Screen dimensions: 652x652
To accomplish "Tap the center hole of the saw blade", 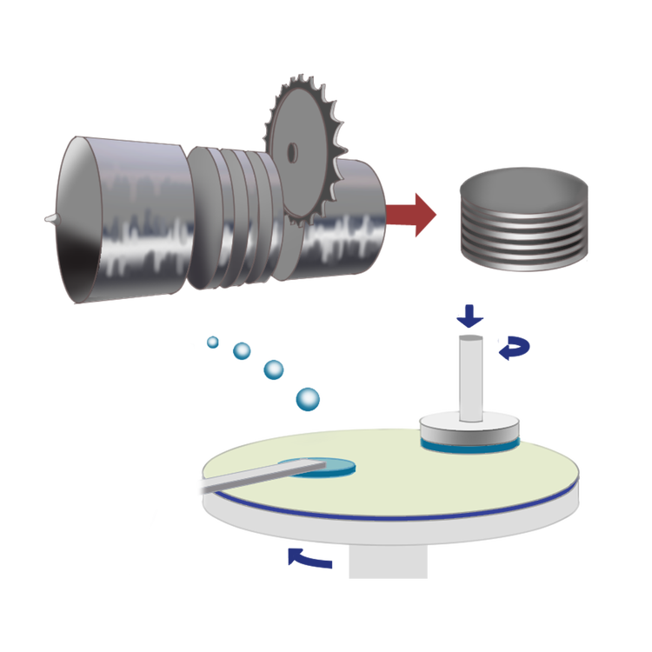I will click(292, 153).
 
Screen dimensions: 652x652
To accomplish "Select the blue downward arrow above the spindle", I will click(469, 316).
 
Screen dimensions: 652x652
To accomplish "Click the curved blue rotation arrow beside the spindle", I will click(509, 348).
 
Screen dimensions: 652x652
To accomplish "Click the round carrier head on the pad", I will click(469, 430).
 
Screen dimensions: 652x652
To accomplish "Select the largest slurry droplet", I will click(308, 399).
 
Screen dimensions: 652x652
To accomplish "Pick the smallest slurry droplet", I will click(212, 342).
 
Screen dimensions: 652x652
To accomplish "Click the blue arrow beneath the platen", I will click(309, 559).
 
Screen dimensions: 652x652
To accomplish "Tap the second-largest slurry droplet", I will click(273, 369).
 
